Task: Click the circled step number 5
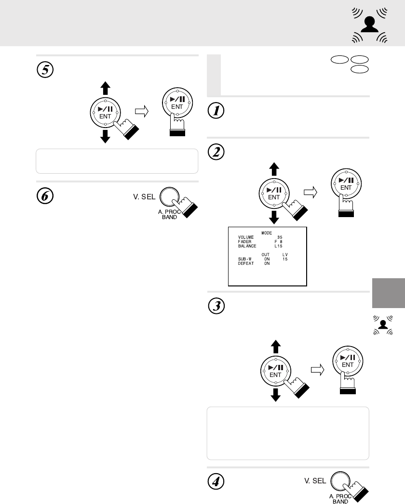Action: point(45,70)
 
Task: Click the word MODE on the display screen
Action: point(266,233)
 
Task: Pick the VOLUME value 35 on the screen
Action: point(280,237)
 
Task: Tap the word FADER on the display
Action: point(245,242)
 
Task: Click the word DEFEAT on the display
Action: point(246,263)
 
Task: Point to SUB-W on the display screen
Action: point(245,259)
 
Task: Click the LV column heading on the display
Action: point(284,255)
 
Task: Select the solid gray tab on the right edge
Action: point(389,293)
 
